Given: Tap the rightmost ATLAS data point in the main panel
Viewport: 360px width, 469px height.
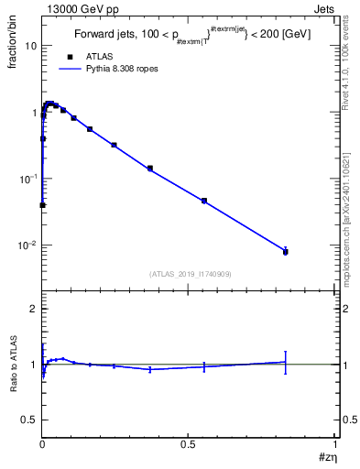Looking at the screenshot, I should pos(286,252).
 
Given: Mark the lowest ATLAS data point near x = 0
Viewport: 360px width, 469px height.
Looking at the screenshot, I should pos(42,205).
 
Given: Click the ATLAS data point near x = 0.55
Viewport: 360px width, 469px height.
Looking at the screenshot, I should pos(204,201).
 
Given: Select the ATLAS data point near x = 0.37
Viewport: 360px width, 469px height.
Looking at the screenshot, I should pos(149,169).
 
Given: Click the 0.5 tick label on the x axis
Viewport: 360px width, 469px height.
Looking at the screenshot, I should pos(188,442).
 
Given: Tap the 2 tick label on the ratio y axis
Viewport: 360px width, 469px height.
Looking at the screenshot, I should pos(31,310).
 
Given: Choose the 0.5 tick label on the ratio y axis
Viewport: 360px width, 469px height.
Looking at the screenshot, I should pos(27,420).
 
